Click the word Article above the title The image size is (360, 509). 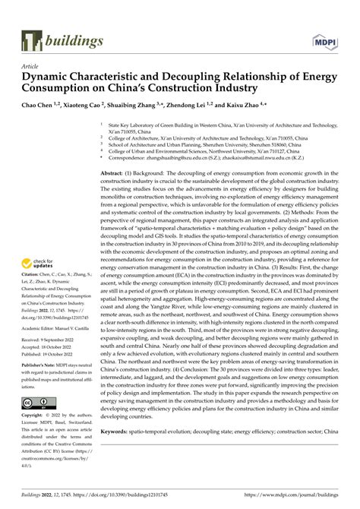coord(31,66)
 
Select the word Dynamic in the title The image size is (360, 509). coord(49,77)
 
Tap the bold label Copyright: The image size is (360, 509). coord(34,416)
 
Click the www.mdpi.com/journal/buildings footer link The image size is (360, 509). coord(293,494)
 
